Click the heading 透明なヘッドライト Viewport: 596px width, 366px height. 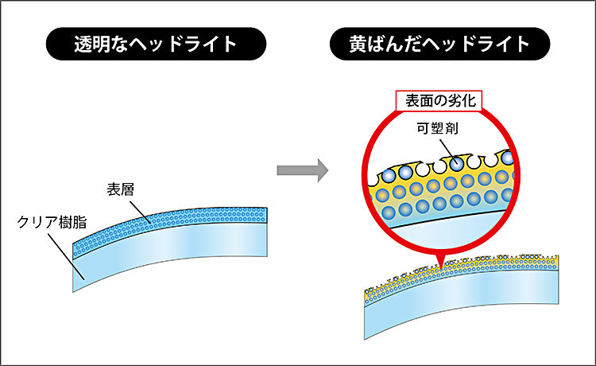(156, 44)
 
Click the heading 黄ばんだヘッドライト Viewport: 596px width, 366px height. (439, 44)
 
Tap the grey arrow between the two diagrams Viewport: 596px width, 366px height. (303, 170)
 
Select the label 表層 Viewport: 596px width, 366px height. (121, 189)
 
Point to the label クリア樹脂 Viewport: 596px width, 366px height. (52, 222)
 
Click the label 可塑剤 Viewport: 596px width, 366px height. (438, 128)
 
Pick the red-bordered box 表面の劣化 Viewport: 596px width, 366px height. (439, 101)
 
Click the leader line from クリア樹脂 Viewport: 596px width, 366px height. (66, 257)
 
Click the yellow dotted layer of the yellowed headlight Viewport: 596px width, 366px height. (462, 271)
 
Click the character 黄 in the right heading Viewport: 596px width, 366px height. (358, 44)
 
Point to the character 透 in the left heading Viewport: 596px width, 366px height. (83, 44)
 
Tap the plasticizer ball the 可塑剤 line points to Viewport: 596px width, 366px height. (456, 164)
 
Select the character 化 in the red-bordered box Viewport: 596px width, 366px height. (468, 101)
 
